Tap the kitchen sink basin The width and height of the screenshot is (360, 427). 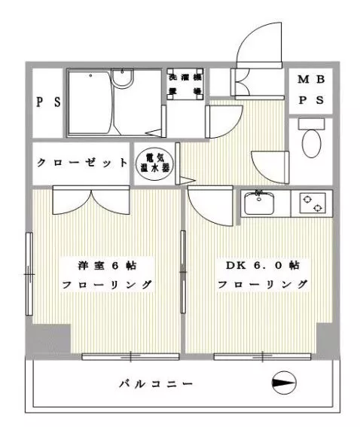coord(261,203)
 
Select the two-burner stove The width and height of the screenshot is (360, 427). coord(311,203)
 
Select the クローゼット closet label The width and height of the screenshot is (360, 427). coord(82,162)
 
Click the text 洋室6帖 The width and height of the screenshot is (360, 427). coord(105,266)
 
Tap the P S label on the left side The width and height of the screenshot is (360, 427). coord(48,103)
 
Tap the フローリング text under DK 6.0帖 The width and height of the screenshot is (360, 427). coord(261,285)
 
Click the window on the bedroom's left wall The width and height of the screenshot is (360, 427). coord(29,276)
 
